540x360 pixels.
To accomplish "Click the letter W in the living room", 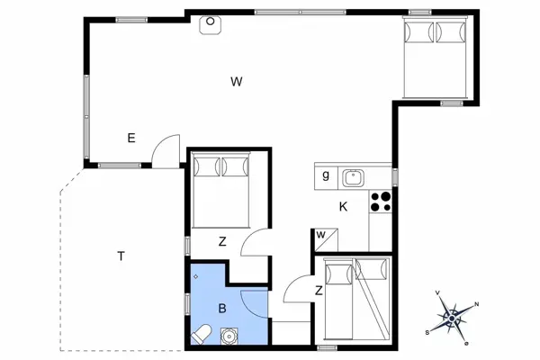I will click(237, 82).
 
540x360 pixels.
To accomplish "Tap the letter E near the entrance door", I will click(131, 138).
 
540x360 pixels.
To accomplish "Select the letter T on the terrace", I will click(121, 256).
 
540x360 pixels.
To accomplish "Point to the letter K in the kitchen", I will click(343, 206).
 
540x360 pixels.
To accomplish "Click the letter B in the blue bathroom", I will click(222, 309).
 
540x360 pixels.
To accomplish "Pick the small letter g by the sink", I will click(325, 175).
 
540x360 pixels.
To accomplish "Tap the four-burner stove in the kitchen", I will click(382, 201).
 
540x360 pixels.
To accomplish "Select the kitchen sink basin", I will click(355, 175).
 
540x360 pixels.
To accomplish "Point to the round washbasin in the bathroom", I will click(229, 337).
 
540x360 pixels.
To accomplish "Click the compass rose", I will click(453, 317).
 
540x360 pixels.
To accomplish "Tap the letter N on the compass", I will click(476, 305).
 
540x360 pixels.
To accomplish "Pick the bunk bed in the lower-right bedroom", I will click(356, 301).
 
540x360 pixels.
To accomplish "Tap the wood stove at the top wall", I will click(210, 23).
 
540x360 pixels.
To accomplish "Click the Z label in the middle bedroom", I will click(222, 241).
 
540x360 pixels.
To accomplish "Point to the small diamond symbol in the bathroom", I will click(195, 275).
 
